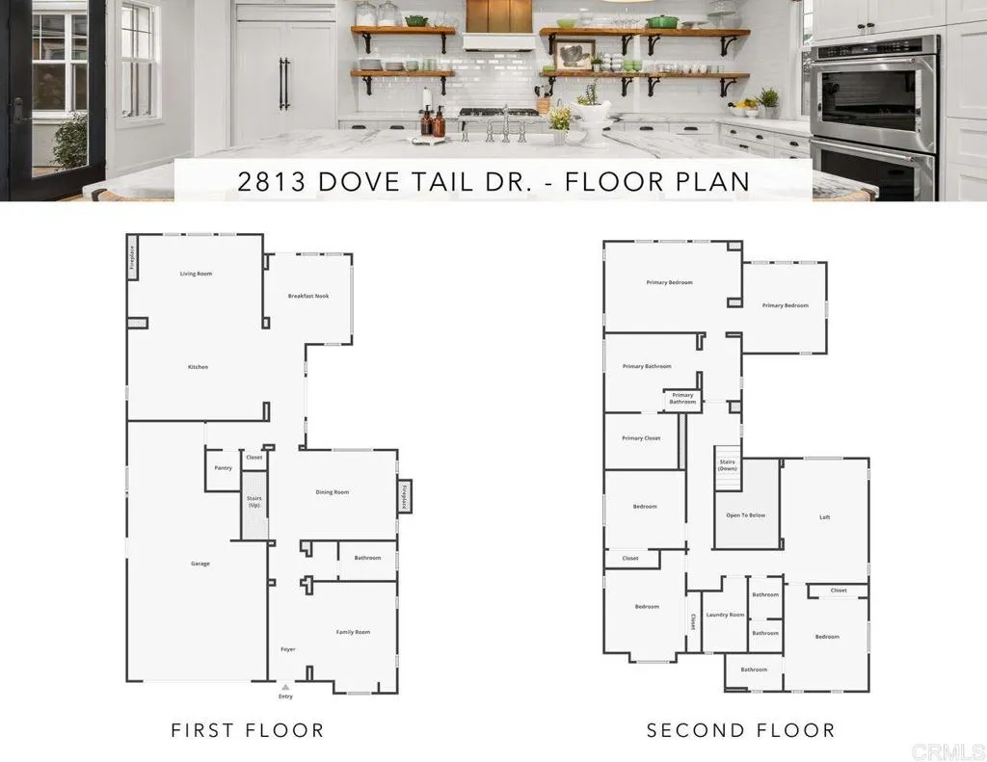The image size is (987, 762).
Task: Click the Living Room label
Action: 196,274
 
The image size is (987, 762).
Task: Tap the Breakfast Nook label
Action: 308,296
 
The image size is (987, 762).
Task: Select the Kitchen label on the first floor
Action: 198,367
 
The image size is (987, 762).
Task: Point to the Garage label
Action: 200,564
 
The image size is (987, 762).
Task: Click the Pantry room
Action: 223,468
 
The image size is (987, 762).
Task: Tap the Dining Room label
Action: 333,492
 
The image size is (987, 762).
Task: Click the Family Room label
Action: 353,632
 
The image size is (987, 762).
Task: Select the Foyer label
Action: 288,649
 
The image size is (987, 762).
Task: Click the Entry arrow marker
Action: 285,687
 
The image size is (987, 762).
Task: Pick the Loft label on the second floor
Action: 825,517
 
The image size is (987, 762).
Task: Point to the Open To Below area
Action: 746,515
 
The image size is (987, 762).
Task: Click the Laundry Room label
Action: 725,615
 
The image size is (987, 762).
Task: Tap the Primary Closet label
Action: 641,438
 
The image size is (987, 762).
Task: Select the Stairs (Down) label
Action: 729,465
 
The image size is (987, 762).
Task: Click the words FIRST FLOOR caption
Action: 248,730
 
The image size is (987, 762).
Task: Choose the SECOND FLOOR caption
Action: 741,730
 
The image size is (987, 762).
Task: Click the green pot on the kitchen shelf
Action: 661,21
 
